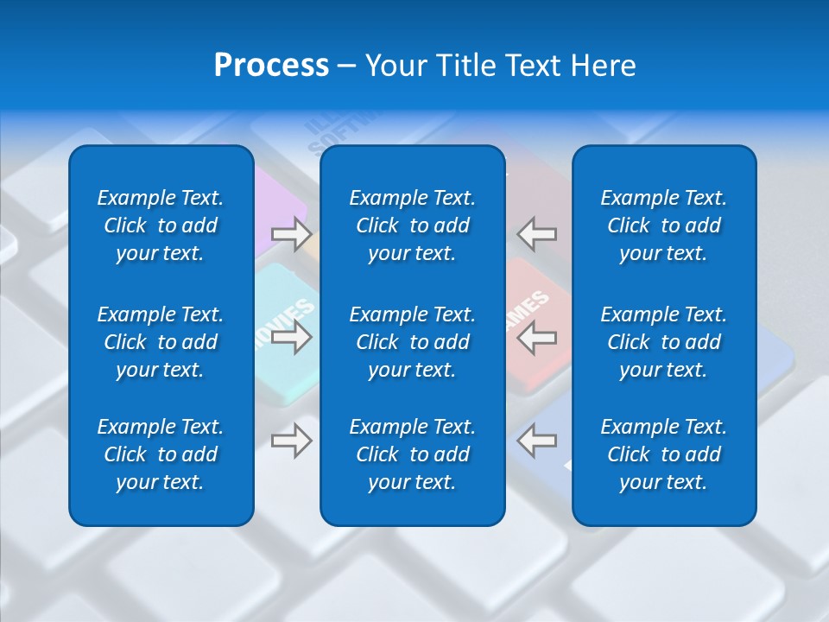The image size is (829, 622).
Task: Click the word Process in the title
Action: [x=271, y=66]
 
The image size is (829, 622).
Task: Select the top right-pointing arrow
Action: [x=292, y=234]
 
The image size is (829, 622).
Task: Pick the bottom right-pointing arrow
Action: [x=292, y=441]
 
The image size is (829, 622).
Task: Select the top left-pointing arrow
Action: [x=536, y=234]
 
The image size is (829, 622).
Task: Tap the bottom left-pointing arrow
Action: [x=536, y=441]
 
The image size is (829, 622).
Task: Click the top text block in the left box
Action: [x=161, y=225]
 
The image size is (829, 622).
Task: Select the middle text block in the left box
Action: [x=161, y=342]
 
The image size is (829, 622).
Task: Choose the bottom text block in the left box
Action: [x=161, y=454]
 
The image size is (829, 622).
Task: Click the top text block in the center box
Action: [x=413, y=225]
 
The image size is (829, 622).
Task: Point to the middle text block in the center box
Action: [x=413, y=342]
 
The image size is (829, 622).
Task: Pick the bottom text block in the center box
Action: [x=413, y=454]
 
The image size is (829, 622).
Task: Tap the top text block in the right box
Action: [x=664, y=225]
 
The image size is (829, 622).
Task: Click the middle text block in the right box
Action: [x=664, y=342]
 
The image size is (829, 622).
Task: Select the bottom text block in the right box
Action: [x=664, y=454]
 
